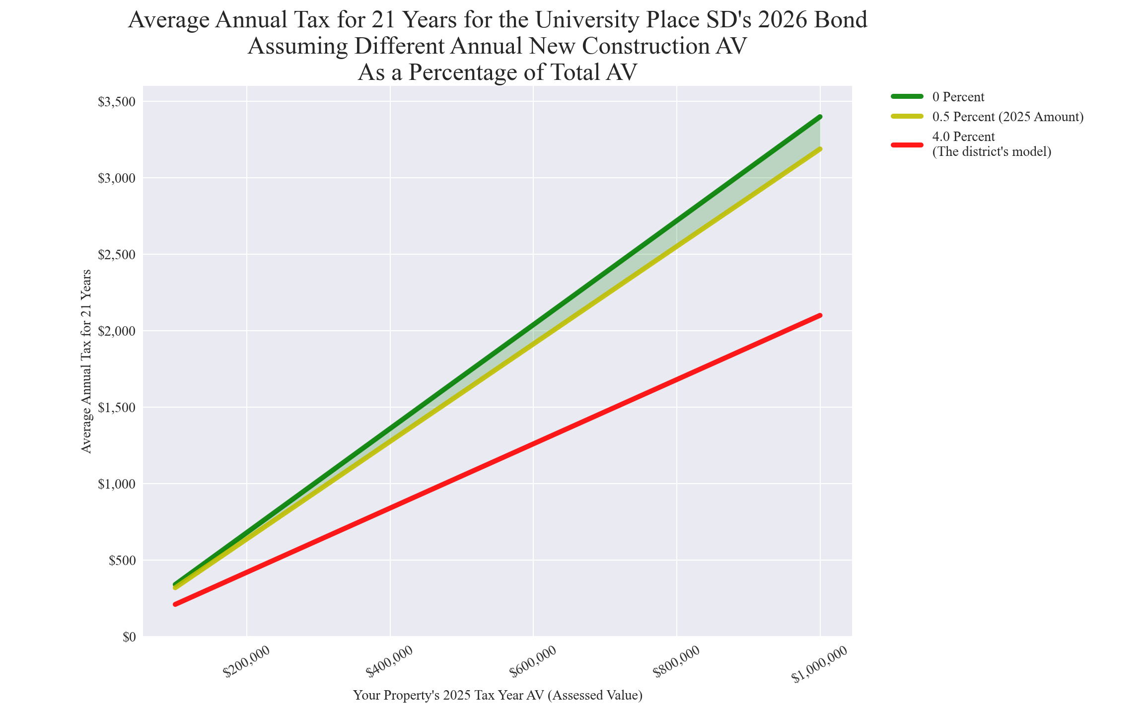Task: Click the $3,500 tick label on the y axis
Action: point(116,102)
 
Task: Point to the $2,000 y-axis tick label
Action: point(116,331)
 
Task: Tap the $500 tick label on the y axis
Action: point(121,561)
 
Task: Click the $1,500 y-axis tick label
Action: point(116,408)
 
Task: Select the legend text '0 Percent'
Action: point(958,97)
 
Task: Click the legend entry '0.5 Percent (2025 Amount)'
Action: point(1008,117)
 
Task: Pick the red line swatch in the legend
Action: point(907,144)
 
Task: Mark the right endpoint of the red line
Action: point(820,315)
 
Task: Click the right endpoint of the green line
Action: point(820,117)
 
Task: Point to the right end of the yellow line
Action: point(820,149)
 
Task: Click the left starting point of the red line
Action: point(175,604)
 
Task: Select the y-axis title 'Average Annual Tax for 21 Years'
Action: point(86,361)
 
